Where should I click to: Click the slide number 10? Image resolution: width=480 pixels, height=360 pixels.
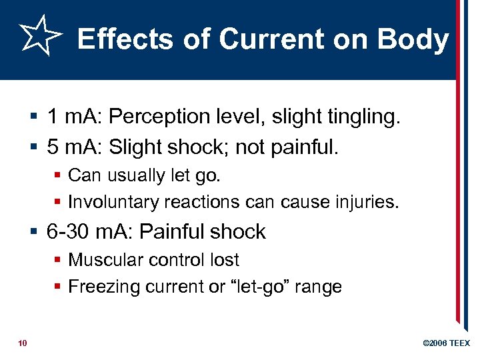[23, 343]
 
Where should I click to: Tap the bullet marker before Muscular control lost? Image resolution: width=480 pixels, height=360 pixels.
[58, 260]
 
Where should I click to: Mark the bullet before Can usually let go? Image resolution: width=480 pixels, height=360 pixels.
[58, 175]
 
